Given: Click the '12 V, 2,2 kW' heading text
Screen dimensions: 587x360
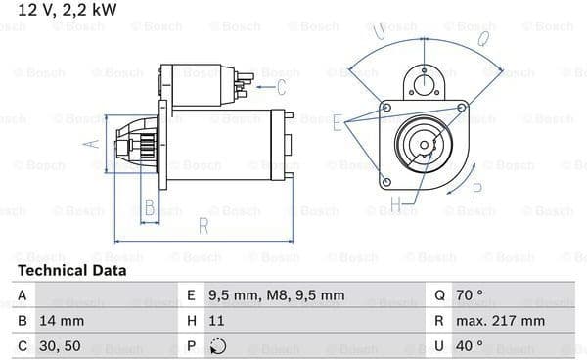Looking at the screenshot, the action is [68, 10].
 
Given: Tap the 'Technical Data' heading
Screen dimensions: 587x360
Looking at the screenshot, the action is [72, 271].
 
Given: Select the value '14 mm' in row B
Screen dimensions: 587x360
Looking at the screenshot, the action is [62, 321].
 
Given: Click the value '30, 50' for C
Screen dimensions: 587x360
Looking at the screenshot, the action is [60, 346].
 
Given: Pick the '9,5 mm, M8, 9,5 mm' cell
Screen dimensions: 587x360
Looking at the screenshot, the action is [276, 295].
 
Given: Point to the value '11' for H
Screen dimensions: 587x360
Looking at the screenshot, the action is [216, 321].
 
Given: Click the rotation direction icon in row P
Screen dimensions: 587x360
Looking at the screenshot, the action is [218, 346].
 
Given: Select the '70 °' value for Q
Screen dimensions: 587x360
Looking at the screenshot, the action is [469, 295].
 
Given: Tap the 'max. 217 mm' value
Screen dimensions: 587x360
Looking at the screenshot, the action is [500, 321].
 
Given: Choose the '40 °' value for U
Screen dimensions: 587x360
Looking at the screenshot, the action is [469, 345].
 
